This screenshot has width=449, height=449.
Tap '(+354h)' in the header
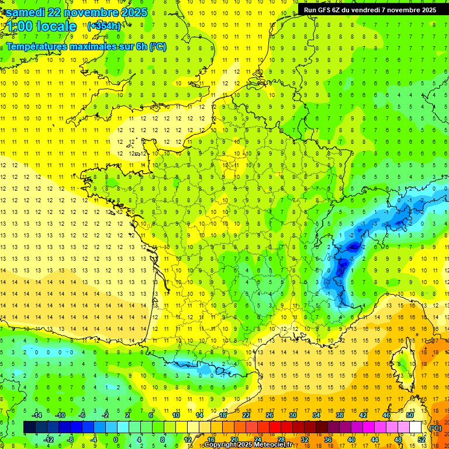[104, 26]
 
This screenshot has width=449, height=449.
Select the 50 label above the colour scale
[409, 415]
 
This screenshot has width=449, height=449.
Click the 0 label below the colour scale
[116, 440]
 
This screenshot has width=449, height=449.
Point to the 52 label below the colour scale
[421, 440]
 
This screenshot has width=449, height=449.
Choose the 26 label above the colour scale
[269, 415]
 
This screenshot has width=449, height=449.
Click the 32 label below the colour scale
[304, 440]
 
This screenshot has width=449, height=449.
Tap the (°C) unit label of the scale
[436, 428]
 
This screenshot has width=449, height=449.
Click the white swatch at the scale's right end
[415, 427]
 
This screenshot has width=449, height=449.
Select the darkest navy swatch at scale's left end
[29, 427]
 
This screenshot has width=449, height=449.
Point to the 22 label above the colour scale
[246, 415]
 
